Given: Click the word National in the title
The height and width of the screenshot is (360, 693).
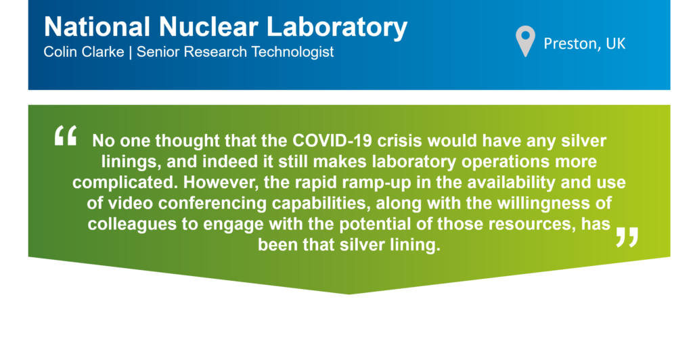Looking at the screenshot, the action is pyautogui.click(x=97, y=27).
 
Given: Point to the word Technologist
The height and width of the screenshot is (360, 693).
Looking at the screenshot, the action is pyautogui.click(x=292, y=52).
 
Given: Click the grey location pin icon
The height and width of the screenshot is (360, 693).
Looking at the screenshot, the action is pyautogui.click(x=525, y=41).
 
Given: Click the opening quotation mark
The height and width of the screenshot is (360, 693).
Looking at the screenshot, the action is pyautogui.click(x=66, y=135).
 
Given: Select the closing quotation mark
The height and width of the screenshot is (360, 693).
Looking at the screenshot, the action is pyautogui.click(x=627, y=238).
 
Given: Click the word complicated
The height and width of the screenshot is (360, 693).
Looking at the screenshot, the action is pyautogui.click(x=125, y=183).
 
